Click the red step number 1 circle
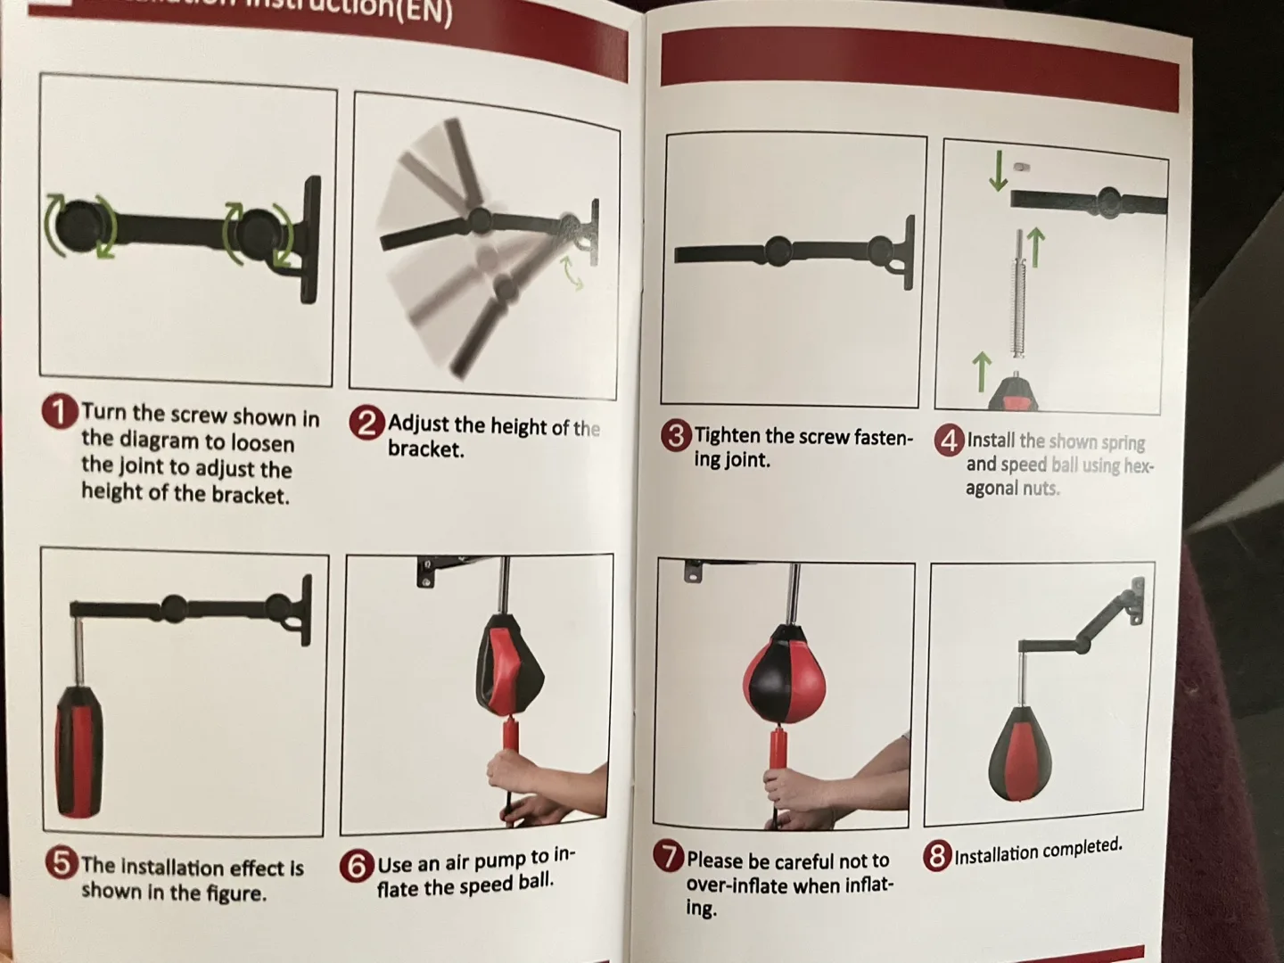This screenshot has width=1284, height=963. coord(60,413)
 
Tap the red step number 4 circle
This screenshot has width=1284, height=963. coord(949,440)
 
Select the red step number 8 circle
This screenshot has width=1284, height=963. coord(936,857)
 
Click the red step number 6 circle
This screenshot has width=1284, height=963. coord(356,866)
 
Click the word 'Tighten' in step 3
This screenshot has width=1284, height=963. coord(728,436)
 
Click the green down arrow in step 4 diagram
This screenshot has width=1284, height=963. coord(998,171)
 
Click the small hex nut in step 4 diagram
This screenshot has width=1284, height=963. coord(1022,167)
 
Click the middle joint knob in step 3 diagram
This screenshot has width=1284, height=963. coord(778,251)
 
